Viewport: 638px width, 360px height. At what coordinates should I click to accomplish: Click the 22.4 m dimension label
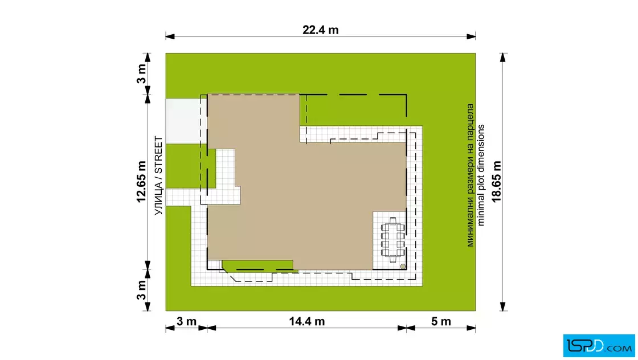click(320, 30)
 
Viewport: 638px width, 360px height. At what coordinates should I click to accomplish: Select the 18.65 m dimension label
click(496, 181)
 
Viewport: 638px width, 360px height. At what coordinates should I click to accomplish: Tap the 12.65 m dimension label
click(141, 182)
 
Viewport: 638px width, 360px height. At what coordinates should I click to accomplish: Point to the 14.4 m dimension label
click(307, 321)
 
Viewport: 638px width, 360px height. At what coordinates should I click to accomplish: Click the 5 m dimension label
click(441, 321)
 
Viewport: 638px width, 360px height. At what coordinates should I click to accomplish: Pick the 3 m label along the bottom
click(186, 321)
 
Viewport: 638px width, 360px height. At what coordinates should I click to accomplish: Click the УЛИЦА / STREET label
click(159, 175)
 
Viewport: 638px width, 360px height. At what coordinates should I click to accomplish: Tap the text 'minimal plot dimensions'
click(481, 175)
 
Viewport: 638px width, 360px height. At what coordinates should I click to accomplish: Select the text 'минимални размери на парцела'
click(470, 175)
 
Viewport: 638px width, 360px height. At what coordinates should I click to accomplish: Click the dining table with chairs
click(392, 240)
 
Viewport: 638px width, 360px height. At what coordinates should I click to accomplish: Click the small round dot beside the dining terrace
click(403, 267)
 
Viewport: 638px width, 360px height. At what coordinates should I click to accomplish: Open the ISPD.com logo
click(599, 346)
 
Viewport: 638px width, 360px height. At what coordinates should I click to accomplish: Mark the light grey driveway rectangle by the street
click(183, 121)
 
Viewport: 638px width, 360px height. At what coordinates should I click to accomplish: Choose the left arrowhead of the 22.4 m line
click(170, 36)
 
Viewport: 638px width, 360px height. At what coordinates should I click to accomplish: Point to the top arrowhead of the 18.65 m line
click(503, 58)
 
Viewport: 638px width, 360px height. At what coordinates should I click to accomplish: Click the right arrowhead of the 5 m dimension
click(471, 328)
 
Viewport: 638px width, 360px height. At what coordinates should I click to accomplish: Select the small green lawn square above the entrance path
click(191, 166)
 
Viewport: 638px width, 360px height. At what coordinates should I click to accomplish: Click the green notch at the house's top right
click(353, 111)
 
